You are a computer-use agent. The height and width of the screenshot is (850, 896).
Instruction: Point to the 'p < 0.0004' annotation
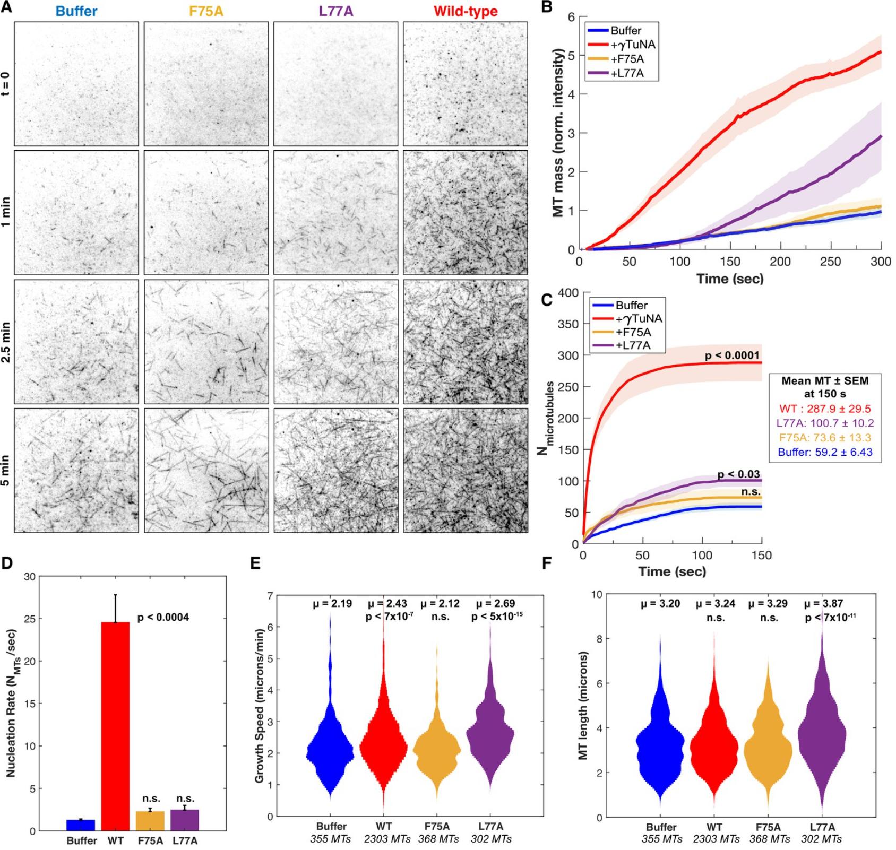pos(163,618)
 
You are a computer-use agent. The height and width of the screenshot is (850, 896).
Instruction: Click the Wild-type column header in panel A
pos(466,11)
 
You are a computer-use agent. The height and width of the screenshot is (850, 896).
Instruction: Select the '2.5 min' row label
pos(6,341)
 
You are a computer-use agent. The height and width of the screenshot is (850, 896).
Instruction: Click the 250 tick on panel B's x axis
pos(831,262)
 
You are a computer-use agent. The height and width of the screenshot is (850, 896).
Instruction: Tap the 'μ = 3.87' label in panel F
pos(823,603)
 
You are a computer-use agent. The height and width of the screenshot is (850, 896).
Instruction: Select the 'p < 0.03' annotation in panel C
pos(738,474)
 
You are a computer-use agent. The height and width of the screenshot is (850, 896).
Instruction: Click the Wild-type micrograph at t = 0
pos(466,84)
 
